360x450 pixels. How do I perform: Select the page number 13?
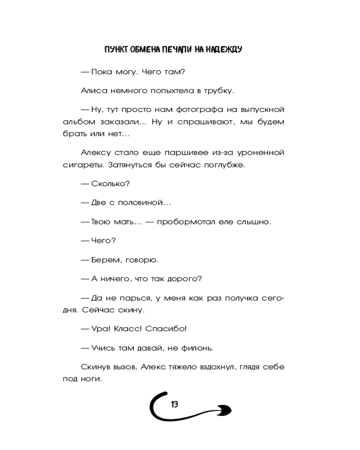pos(174,404)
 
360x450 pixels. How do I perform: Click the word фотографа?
pos(194,109)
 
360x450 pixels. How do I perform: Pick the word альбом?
pos(77,122)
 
